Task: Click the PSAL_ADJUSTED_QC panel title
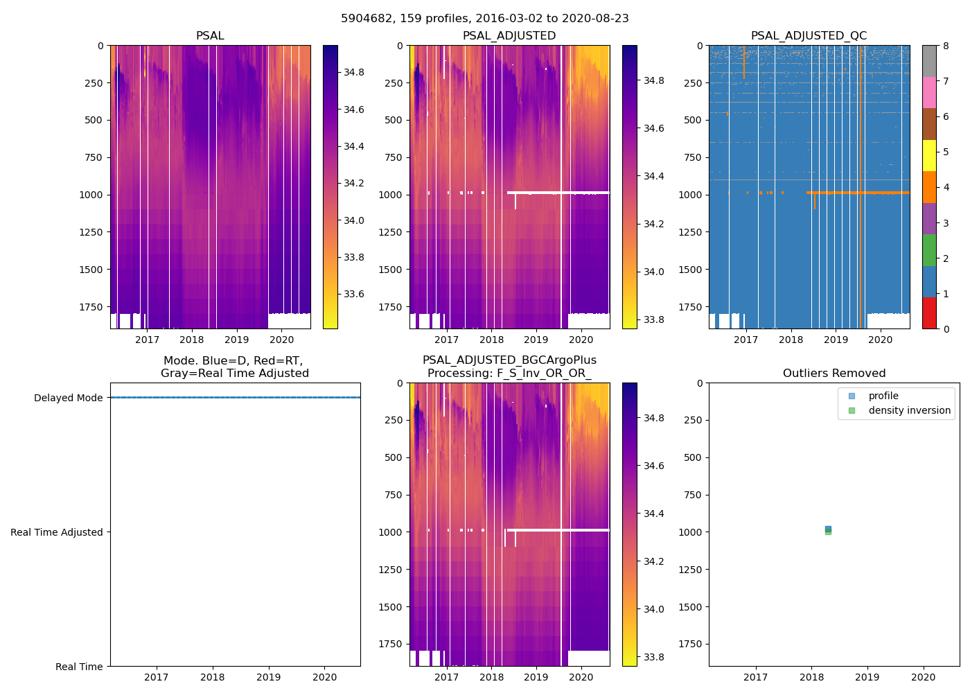pyautogui.click(x=809, y=36)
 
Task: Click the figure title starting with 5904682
pyautogui.click(x=484, y=19)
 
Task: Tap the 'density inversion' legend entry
pyautogui.click(x=909, y=410)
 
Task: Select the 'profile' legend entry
pyautogui.click(x=883, y=396)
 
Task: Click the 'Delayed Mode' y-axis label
pyautogui.click(x=68, y=398)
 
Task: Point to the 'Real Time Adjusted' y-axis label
pyautogui.click(x=57, y=532)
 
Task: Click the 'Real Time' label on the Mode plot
pyautogui.click(x=79, y=667)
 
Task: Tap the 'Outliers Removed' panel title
pyautogui.click(x=834, y=374)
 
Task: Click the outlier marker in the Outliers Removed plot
pyautogui.click(x=828, y=529)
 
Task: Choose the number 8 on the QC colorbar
pyautogui.click(x=946, y=46)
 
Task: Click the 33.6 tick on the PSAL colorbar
pyautogui.click(x=354, y=294)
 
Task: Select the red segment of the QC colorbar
pyautogui.click(x=929, y=313)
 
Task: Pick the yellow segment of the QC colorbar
pyautogui.click(x=929, y=155)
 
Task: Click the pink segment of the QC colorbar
pyautogui.click(x=929, y=92)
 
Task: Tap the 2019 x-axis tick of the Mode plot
pyautogui.click(x=269, y=677)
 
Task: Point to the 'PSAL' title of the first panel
pyautogui.click(x=210, y=36)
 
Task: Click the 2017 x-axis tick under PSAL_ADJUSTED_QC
pyautogui.click(x=746, y=340)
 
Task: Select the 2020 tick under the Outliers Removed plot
pyautogui.click(x=923, y=677)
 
